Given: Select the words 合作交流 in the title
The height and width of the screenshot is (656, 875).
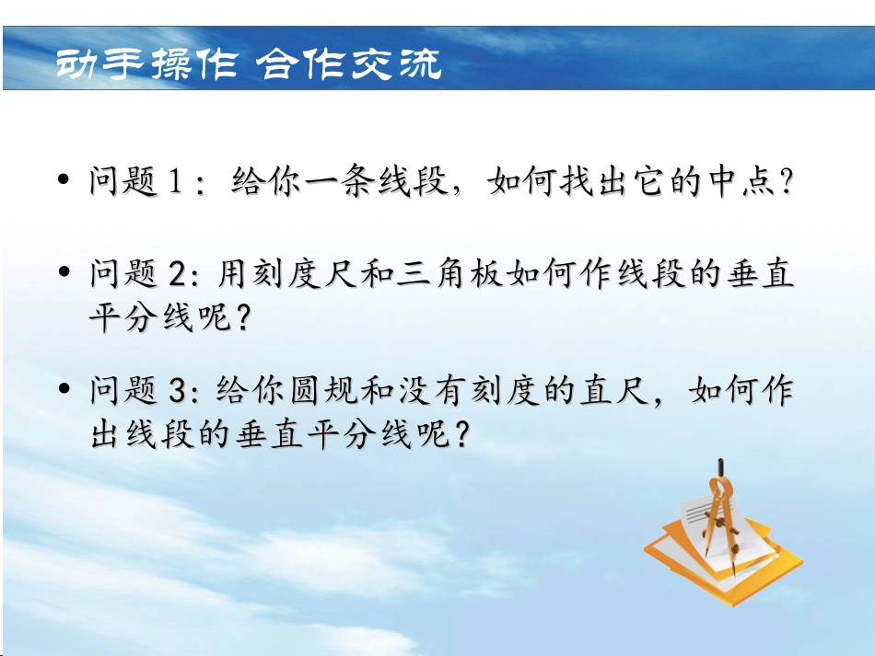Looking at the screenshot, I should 349,64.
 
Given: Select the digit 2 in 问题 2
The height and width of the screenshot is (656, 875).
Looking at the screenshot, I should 179,273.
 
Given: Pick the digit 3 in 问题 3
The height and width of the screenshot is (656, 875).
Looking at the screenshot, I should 179,391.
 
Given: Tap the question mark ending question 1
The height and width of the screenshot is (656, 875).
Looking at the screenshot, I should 785,181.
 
